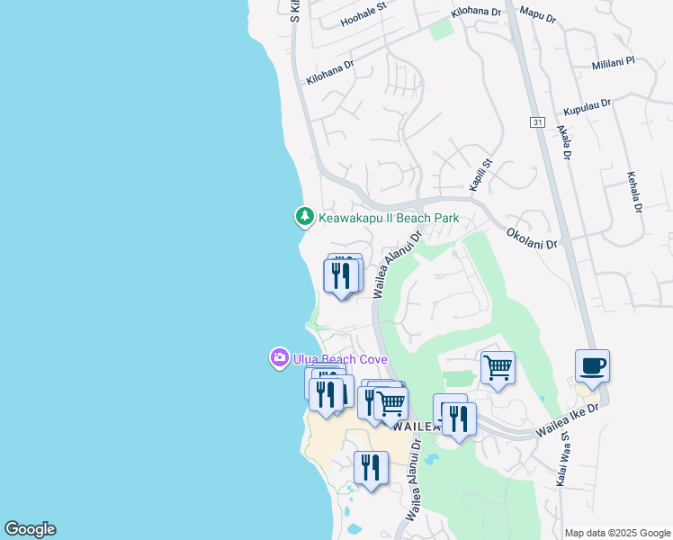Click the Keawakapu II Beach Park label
point(388,218)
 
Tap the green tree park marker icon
point(305,217)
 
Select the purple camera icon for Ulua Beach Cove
point(280,358)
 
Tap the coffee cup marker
point(592,367)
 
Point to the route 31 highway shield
point(537,122)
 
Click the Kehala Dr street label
point(633,192)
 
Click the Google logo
point(30,529)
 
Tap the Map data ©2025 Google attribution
point(617,533)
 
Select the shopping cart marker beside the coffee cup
point(498,367)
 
